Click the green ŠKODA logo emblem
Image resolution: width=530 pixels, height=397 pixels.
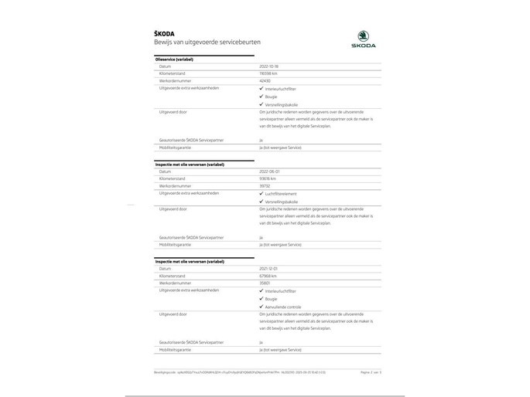tap(361, 35)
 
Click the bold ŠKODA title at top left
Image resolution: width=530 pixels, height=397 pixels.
tap(164, 33)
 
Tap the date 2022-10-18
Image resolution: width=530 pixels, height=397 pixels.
tap(268, 66)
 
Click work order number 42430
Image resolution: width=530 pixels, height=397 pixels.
tap(265, 80)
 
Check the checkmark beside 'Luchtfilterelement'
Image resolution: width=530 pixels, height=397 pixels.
tap(262, 193)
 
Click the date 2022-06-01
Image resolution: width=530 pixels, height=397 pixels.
tap(268, 171)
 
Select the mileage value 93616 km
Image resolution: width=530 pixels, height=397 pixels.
tap(268, 178)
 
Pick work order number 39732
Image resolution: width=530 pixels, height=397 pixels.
tap(265, 185)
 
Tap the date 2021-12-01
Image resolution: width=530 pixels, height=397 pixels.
tap(268, 268)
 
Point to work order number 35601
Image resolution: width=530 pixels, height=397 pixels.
tap(265, 282)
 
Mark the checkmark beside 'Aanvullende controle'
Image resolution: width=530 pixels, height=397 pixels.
tap(262, 306)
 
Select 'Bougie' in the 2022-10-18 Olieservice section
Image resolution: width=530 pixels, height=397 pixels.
tap(271, 97)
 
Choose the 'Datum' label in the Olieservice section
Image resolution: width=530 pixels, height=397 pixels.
tap(164, 66)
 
